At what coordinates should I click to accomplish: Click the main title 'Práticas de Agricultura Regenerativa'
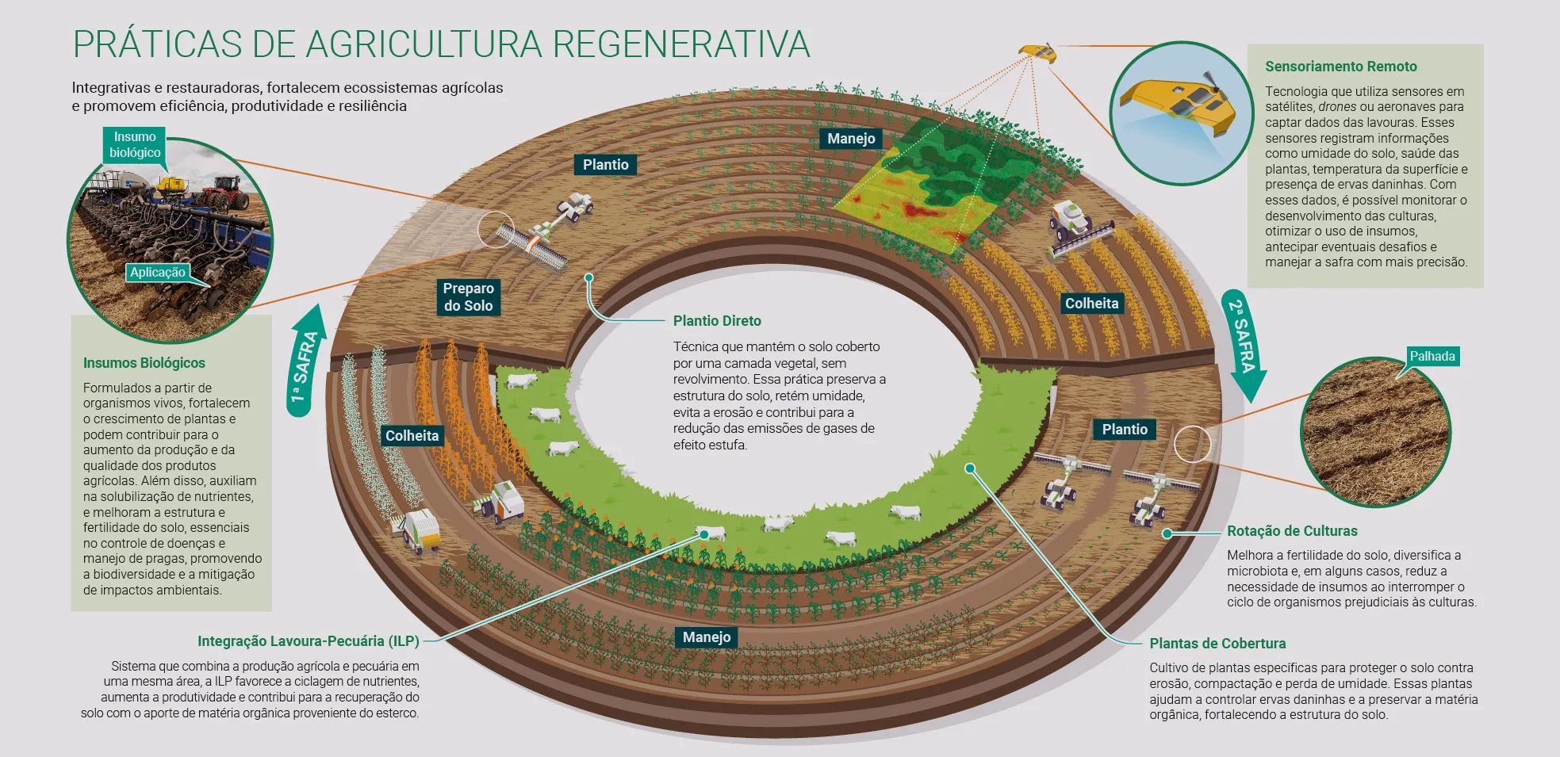pyautogui.click(x=441, y=44)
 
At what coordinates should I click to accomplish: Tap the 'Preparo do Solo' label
pyautogui.click(x=468, y=297)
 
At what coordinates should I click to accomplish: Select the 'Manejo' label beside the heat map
pyautogui.click(x=851, y=139)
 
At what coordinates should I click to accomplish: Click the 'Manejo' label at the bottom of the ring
pyautogui.click(x=706, y=637)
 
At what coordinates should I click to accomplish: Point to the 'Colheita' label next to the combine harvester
pyautogui.click(x=1091, y=304)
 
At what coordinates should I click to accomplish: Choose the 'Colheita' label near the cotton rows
pyautogui.click(x=412, y=435)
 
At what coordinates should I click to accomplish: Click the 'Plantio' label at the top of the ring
pyautogui.click(x=605, y=165)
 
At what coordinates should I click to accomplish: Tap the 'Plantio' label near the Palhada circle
pyautogui.click(x=1124, y=430)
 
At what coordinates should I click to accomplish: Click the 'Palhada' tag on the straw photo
pyautogui.click(x=1432, y=357)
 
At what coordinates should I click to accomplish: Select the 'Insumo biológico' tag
pyautogui.click(x=135, y=145)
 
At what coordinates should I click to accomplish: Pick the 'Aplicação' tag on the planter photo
pyautogui.click(x=158, y=273)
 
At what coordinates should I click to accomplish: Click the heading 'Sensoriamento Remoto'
pyautogui.click(x=1340, y=67)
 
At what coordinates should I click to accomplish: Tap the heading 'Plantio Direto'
pyautogui.click(x=717, y=321)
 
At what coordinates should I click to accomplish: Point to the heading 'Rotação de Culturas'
pyautogui.click(x=1292, y=531)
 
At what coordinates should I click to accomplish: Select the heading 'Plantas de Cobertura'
pyautogui.click(x=1217, y=644)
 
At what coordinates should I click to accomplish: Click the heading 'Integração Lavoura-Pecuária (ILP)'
pyautogui.click(x=308, y=641)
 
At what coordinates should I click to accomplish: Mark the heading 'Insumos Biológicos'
pyautogui.click(x=144, y=363)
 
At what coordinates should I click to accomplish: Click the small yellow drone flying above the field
pyautogui.click(x=1037, y=53)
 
